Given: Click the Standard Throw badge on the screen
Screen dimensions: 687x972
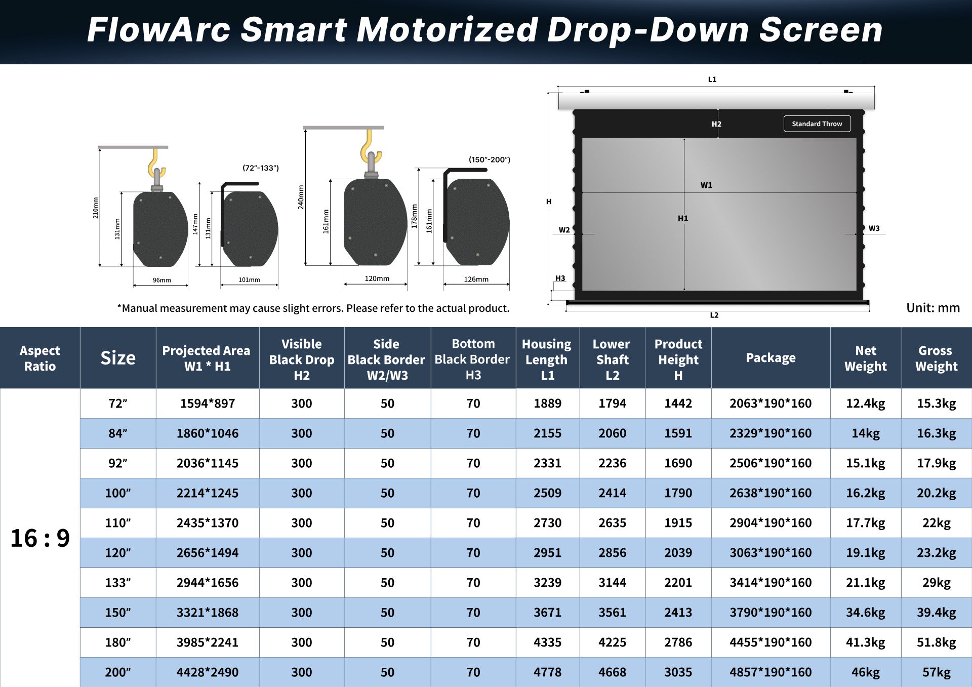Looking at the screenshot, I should pos(817,124).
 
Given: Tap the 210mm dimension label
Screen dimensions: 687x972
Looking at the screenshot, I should pos(96,208).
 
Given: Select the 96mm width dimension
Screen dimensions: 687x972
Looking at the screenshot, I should pos(161,280).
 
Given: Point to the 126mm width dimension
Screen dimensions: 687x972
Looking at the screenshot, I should pos(476,279).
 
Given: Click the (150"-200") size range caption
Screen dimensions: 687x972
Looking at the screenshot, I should pos(489,159).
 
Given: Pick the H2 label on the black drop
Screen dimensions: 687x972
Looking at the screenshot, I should pos(716,124).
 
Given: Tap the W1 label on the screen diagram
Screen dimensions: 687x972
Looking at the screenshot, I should pos(706,185).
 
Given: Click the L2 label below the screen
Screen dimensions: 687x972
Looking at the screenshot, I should pos(714,315).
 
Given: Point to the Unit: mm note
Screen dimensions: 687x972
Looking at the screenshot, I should pos(933,308).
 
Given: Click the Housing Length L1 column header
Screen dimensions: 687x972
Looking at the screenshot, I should pos(547,359).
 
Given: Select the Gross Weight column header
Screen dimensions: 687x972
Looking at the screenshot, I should pos(936,358).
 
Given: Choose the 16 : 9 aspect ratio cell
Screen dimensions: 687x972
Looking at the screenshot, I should pos(40,538).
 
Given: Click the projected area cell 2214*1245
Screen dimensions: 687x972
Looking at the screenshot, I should pos(207,493).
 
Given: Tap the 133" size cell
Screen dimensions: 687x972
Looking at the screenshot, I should pos(117,582).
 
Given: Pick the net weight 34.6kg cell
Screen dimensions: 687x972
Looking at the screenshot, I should pos(865,612).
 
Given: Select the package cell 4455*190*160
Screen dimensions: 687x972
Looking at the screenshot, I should pos(770,642).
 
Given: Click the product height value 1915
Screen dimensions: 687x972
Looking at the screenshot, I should pos(678,522).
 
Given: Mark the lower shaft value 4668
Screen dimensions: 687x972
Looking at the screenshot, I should pos(612,672).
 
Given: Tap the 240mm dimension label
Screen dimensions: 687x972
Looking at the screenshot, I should pos(301,197).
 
